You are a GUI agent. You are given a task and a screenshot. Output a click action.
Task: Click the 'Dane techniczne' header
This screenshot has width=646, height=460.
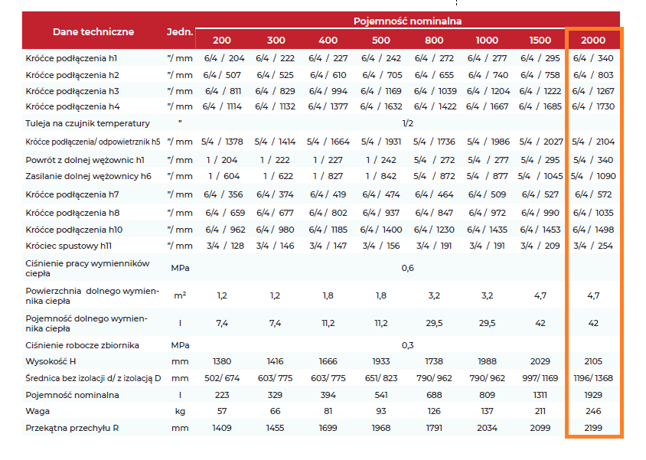(93, 31)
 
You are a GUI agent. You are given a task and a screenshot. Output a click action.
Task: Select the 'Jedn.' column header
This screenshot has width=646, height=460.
(180, 31)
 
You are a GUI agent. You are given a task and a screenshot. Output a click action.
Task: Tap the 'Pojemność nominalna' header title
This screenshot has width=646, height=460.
(407, 21)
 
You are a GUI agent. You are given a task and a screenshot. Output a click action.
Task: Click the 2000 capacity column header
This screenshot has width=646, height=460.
(593, 40)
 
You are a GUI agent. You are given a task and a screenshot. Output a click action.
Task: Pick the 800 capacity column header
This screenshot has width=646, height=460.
(434, 40)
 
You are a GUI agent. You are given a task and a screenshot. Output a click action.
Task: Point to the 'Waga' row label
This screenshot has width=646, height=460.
(38, 411)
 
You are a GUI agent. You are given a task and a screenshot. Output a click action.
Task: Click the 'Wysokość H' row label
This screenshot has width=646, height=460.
(51, 361)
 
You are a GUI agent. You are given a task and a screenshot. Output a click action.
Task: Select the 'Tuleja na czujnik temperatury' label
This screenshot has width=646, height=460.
(88, 123)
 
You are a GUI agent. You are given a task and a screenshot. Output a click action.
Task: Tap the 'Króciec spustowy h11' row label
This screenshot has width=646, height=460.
(68, 246)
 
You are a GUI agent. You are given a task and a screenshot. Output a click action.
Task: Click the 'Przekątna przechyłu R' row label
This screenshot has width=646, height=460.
(72, 428)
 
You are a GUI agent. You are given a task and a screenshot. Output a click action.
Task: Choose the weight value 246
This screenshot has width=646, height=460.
(593, 411)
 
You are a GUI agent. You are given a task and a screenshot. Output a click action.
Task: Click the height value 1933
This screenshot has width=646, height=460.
(380, 361)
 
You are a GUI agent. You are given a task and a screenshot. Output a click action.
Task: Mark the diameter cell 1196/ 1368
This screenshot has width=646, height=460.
(593, 378)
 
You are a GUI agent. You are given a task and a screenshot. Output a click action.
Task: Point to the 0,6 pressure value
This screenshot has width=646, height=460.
(407, 268)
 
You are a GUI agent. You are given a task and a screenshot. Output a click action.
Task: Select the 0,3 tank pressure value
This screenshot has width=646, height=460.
(407, 345)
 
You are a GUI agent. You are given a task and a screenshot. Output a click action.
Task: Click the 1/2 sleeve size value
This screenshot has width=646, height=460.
(407, 123)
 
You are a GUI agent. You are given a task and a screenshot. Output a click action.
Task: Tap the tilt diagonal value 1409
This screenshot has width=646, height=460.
(222, 428)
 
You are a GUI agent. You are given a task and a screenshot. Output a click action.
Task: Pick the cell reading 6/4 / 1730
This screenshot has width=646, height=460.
(593, 106)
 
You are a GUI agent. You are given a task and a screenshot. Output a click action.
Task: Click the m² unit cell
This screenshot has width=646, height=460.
(180, 295)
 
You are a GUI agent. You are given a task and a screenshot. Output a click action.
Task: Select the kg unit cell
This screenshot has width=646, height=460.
(180, 412)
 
